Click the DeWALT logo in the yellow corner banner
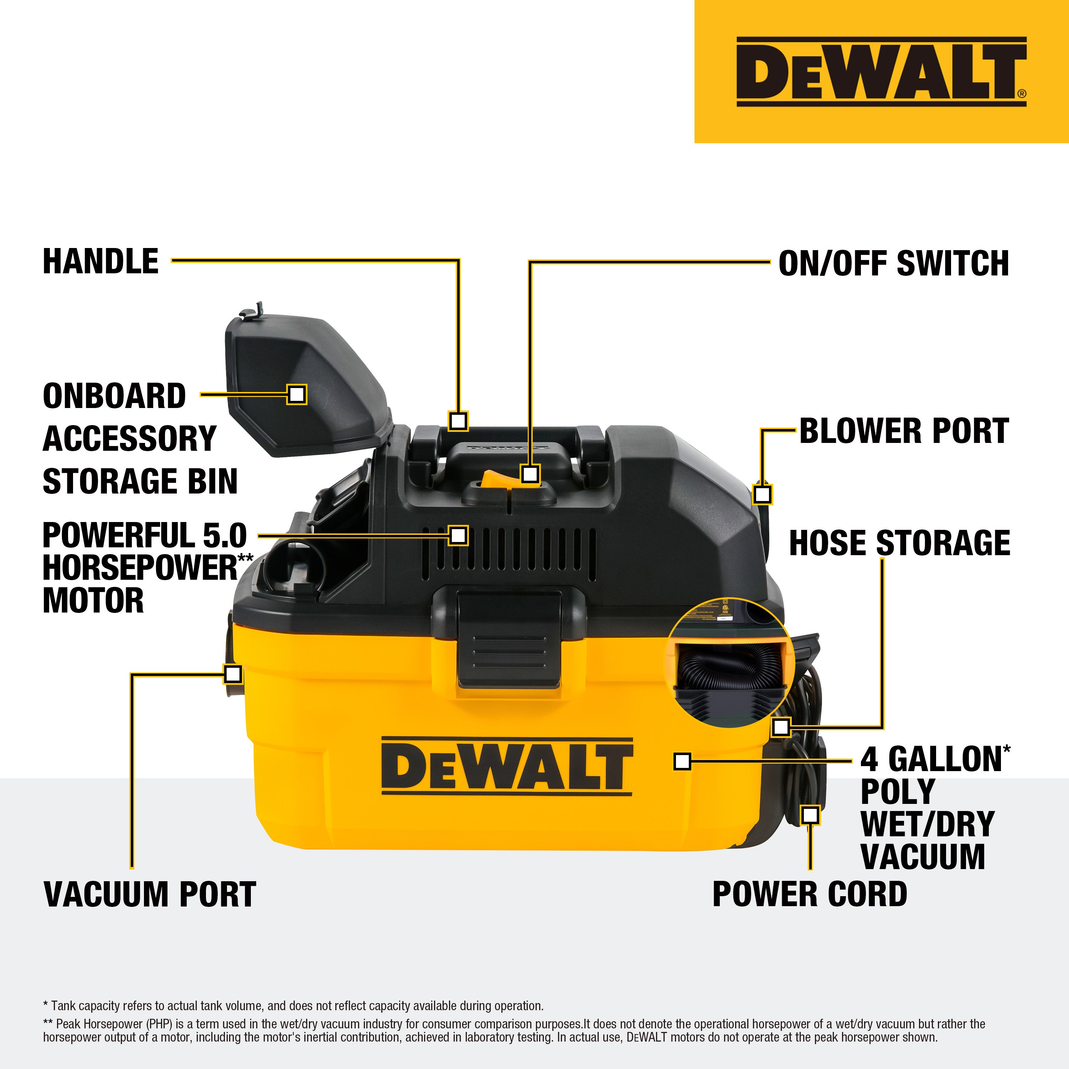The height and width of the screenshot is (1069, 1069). pyautogui.click(x=881, y=72)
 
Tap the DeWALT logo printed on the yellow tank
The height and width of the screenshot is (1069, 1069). pyautogui.click(x=506, y=767)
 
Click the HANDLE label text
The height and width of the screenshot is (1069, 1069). pyautogui.click(x=101, y=261)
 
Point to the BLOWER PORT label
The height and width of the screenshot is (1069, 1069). pyautogui.click(x=904, y=431)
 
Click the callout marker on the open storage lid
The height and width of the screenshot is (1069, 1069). pyautogui.click(x=296, y=394)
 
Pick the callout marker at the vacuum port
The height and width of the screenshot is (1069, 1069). pyautogui.click(x=233, y=673)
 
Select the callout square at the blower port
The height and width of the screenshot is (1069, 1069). pyautogui.click(x=763, y=494)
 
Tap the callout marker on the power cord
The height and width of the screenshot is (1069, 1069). pyautogui.click(x=810, y=815)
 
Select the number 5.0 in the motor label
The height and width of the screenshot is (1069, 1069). pyautogui.click(x=224, y=536)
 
